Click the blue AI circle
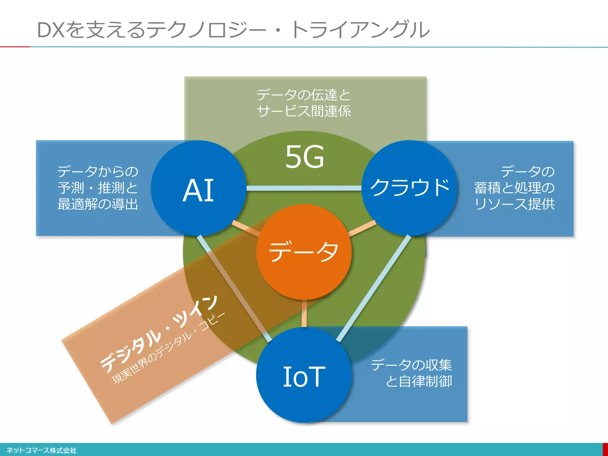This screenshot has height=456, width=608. [x=198, y=188]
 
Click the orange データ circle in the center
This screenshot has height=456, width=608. [x=304, y=252]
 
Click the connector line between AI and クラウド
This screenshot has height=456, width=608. [x=304, y=188]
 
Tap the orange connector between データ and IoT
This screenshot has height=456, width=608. [x=304, y=313]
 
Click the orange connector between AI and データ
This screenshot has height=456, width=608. [x=246, y=228]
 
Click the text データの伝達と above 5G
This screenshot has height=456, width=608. [x=304, y=95]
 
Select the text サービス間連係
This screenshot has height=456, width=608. [x=304, y=111]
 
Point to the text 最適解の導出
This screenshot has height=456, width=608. [x=98, y=204]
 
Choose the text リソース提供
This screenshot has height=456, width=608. [x=514, y=204]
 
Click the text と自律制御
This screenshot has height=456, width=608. [x=419, y=381]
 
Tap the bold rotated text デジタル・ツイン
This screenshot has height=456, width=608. [x=159, y=334]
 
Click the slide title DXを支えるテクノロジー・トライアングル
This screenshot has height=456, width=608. [x=233, y=30]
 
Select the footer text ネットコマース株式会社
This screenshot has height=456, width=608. [x=41, y=450]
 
